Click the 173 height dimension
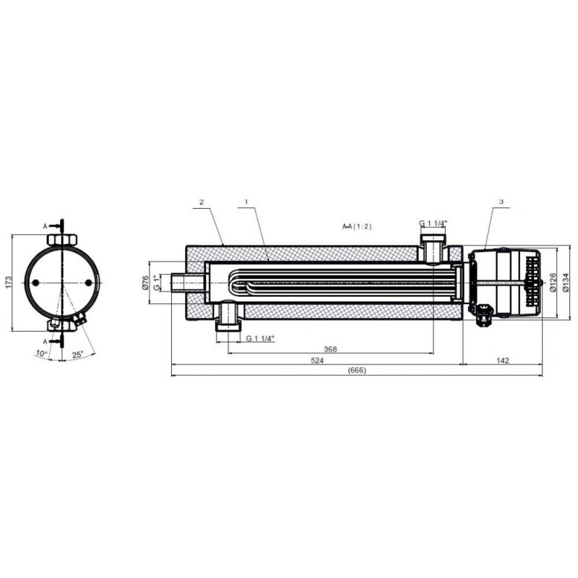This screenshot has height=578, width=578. [9, 282]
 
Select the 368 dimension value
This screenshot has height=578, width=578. [330, 349]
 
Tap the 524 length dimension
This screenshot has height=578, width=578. [317, 360]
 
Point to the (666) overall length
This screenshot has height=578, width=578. [357, 371]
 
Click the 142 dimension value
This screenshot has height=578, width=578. [503, 360]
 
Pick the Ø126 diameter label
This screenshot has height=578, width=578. [553, 282]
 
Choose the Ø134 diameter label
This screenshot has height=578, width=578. [566, 282]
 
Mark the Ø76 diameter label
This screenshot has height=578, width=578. [145, 282]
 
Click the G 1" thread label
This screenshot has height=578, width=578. [157, 282]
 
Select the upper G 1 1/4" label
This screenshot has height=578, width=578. [433, 223]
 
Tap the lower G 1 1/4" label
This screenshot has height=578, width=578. [260, 338]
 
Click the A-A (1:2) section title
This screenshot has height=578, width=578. [357, 226]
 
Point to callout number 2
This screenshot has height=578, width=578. [202, 202]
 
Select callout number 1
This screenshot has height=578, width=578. [246, 202]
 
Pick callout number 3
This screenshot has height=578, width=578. [501, 202]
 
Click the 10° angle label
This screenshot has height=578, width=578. [42, 353]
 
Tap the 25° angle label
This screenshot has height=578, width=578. [77, 355]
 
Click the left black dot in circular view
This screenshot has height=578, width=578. [35, 282]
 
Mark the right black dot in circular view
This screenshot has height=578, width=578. [88, 282]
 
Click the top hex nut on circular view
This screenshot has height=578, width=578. [63, 239]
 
